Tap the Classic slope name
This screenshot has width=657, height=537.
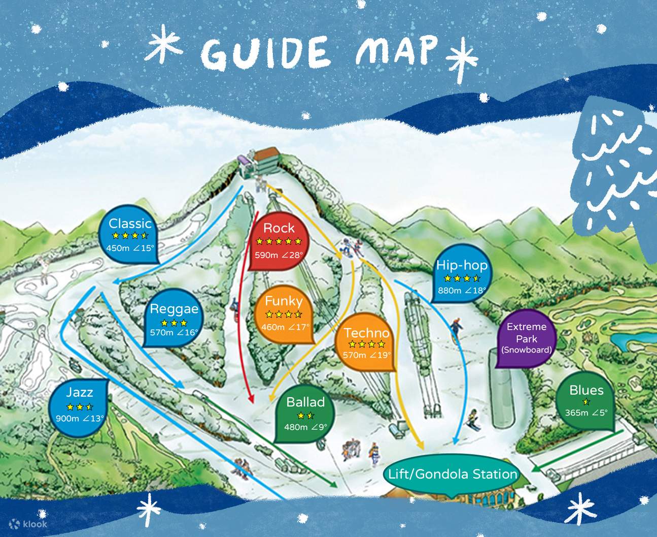[130, 224]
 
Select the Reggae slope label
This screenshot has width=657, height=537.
[174, 309]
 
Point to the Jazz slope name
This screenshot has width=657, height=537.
[80, 392]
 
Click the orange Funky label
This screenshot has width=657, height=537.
[284, 301]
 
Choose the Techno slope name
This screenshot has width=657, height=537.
[366, 333]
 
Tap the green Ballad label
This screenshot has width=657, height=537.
[305, 402]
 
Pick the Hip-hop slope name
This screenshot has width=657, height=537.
[462, 265]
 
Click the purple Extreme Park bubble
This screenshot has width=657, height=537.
[526, 338]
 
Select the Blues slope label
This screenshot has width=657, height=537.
[586, 390]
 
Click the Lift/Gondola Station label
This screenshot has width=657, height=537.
[453, 475]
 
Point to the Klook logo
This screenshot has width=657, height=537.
[28, 523]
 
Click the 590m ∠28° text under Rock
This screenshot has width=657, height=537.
[279, 255]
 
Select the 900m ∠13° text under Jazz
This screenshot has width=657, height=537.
[80, 419]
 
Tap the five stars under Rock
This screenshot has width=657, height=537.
[279, 242]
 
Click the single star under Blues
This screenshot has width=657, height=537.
[586, 402]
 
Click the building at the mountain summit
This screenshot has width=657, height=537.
[266, 157]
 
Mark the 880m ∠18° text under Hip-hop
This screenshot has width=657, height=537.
[462, 291]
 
